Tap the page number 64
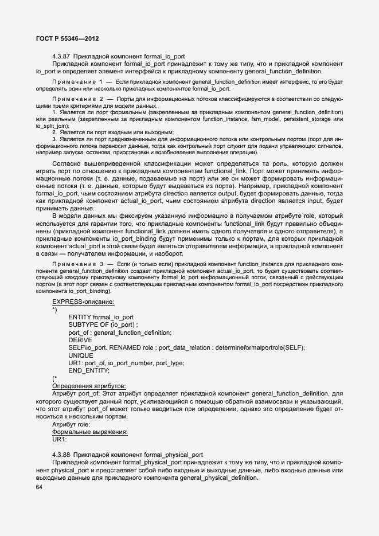pyautogui.click(x=39, y=487)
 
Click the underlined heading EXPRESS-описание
pyautogui.click(x=83, y=302)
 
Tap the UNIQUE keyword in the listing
pyautogui.click(x=81, y=355)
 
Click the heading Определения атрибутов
pyautogui.click(x=89, y=386)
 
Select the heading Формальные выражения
pyautogui.click(x=90, y=432)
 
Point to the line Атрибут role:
pyautogui.click(x=71, y=424)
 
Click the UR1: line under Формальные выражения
pyautogui.click(x=60, y=439)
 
